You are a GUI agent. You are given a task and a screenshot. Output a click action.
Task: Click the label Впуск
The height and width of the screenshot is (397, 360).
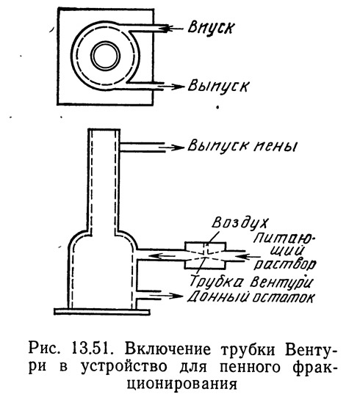(211, 27)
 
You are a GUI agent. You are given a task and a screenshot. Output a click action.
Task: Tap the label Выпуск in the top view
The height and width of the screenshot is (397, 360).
(218, 87)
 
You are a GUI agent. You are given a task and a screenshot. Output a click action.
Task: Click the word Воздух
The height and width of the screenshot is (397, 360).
(240, 223)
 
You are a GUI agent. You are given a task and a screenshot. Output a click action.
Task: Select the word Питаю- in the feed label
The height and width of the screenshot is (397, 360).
(283, 239)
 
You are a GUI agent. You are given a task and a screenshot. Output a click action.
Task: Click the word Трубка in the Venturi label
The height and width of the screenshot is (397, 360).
(217, 281)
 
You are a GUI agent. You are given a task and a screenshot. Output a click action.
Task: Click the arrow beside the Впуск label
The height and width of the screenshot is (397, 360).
(174, 29)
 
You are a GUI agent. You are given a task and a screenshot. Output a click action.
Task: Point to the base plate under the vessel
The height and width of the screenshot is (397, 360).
(102, 311)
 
